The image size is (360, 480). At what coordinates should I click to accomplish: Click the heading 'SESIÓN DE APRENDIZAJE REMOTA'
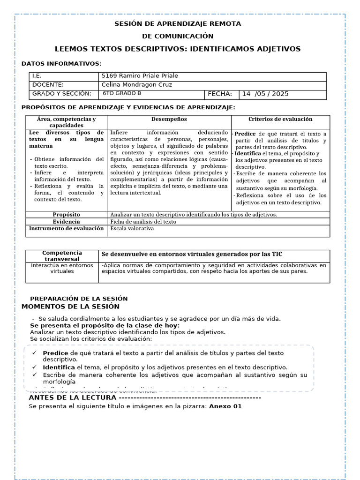(x=178, y=23)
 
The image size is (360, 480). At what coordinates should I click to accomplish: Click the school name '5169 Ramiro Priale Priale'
(x=140, y=76)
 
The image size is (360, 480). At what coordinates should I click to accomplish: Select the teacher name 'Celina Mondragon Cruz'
(x=136, y=85)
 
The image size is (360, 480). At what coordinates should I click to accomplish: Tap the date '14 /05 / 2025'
(x=265, y=94)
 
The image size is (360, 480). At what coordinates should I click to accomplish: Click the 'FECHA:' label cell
(x=220, y=94)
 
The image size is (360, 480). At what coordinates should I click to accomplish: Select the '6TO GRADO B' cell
(x=121, y=94)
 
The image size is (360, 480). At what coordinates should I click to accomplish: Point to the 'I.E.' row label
(x=37, y=76)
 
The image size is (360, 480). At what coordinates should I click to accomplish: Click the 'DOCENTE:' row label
(x=48, y=85)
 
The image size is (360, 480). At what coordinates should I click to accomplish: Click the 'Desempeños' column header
(x=169, y=120)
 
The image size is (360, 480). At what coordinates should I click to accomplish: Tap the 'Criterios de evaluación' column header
(x=280, y=120)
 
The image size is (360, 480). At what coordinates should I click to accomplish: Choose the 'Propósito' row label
(x=66, y=215)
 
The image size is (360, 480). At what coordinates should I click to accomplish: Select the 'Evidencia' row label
(x=66, y=222)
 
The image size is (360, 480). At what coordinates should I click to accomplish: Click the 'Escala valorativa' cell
(x=132, y=229)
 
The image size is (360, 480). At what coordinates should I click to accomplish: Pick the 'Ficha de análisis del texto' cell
(x=143, y=222)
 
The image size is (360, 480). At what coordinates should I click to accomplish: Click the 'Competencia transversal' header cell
(x=62, y=256)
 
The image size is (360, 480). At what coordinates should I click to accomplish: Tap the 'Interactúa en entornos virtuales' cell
(x=62, y=268)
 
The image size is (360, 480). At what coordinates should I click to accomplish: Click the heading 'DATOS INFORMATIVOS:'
(x=61, y=64)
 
